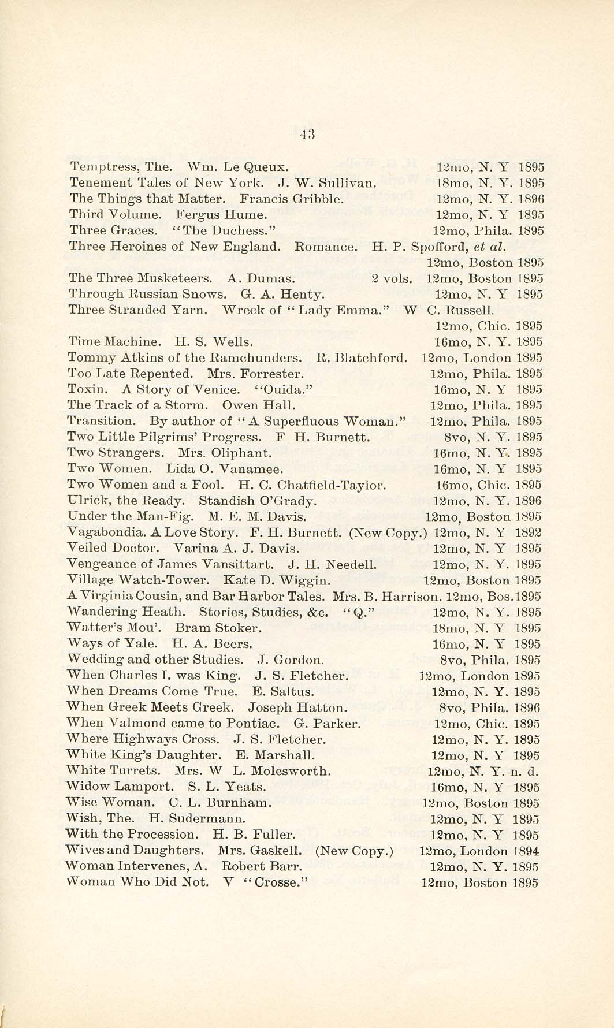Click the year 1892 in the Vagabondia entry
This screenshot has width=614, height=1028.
click(x=529, y=532)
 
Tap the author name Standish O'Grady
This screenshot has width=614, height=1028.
click(x=258, y=501)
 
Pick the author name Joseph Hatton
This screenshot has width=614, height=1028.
click(x=297, y=707)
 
